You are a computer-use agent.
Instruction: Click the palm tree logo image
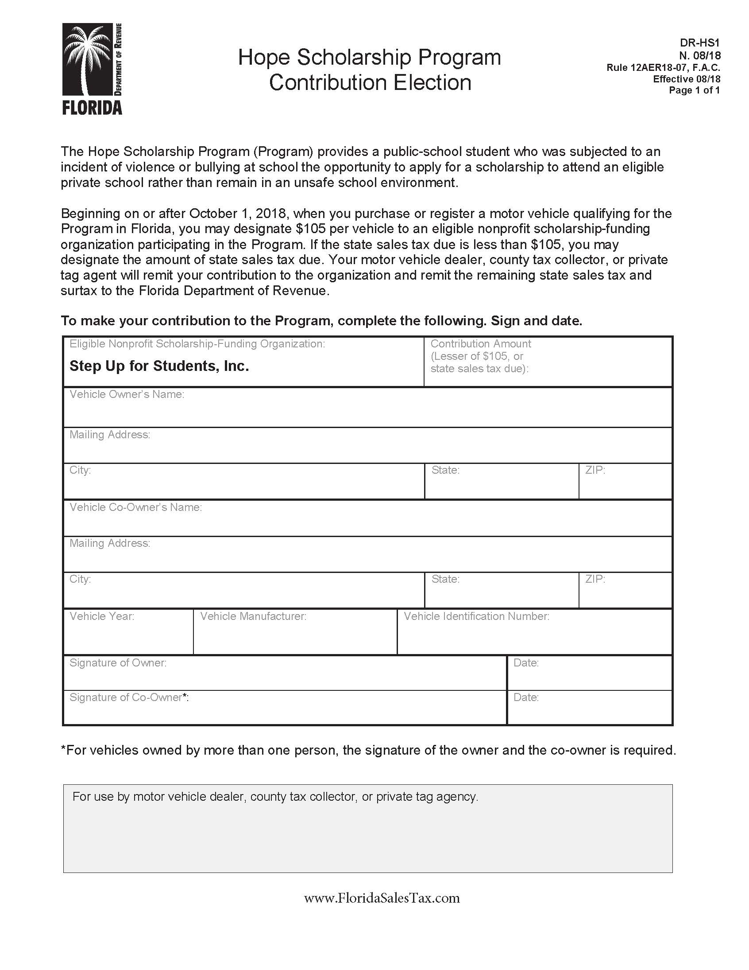87,59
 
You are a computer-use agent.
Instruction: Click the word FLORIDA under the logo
92,108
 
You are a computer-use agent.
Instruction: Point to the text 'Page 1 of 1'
694,90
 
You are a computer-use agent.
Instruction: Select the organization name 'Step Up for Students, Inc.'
159,366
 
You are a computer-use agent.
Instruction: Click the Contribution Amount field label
481,344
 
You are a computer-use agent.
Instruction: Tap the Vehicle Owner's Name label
127,394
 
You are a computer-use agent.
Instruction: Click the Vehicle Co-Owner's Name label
135,507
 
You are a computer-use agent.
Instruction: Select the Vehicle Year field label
102,616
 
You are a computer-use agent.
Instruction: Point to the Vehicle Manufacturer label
253,616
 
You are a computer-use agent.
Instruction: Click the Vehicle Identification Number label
476,616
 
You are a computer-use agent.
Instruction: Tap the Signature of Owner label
118,662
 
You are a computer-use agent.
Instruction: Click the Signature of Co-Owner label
129,697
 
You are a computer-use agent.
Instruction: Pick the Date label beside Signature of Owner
526,662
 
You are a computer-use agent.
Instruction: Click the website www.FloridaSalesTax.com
382,898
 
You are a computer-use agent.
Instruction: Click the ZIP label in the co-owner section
595,579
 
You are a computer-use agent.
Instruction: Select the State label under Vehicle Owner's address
445,470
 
